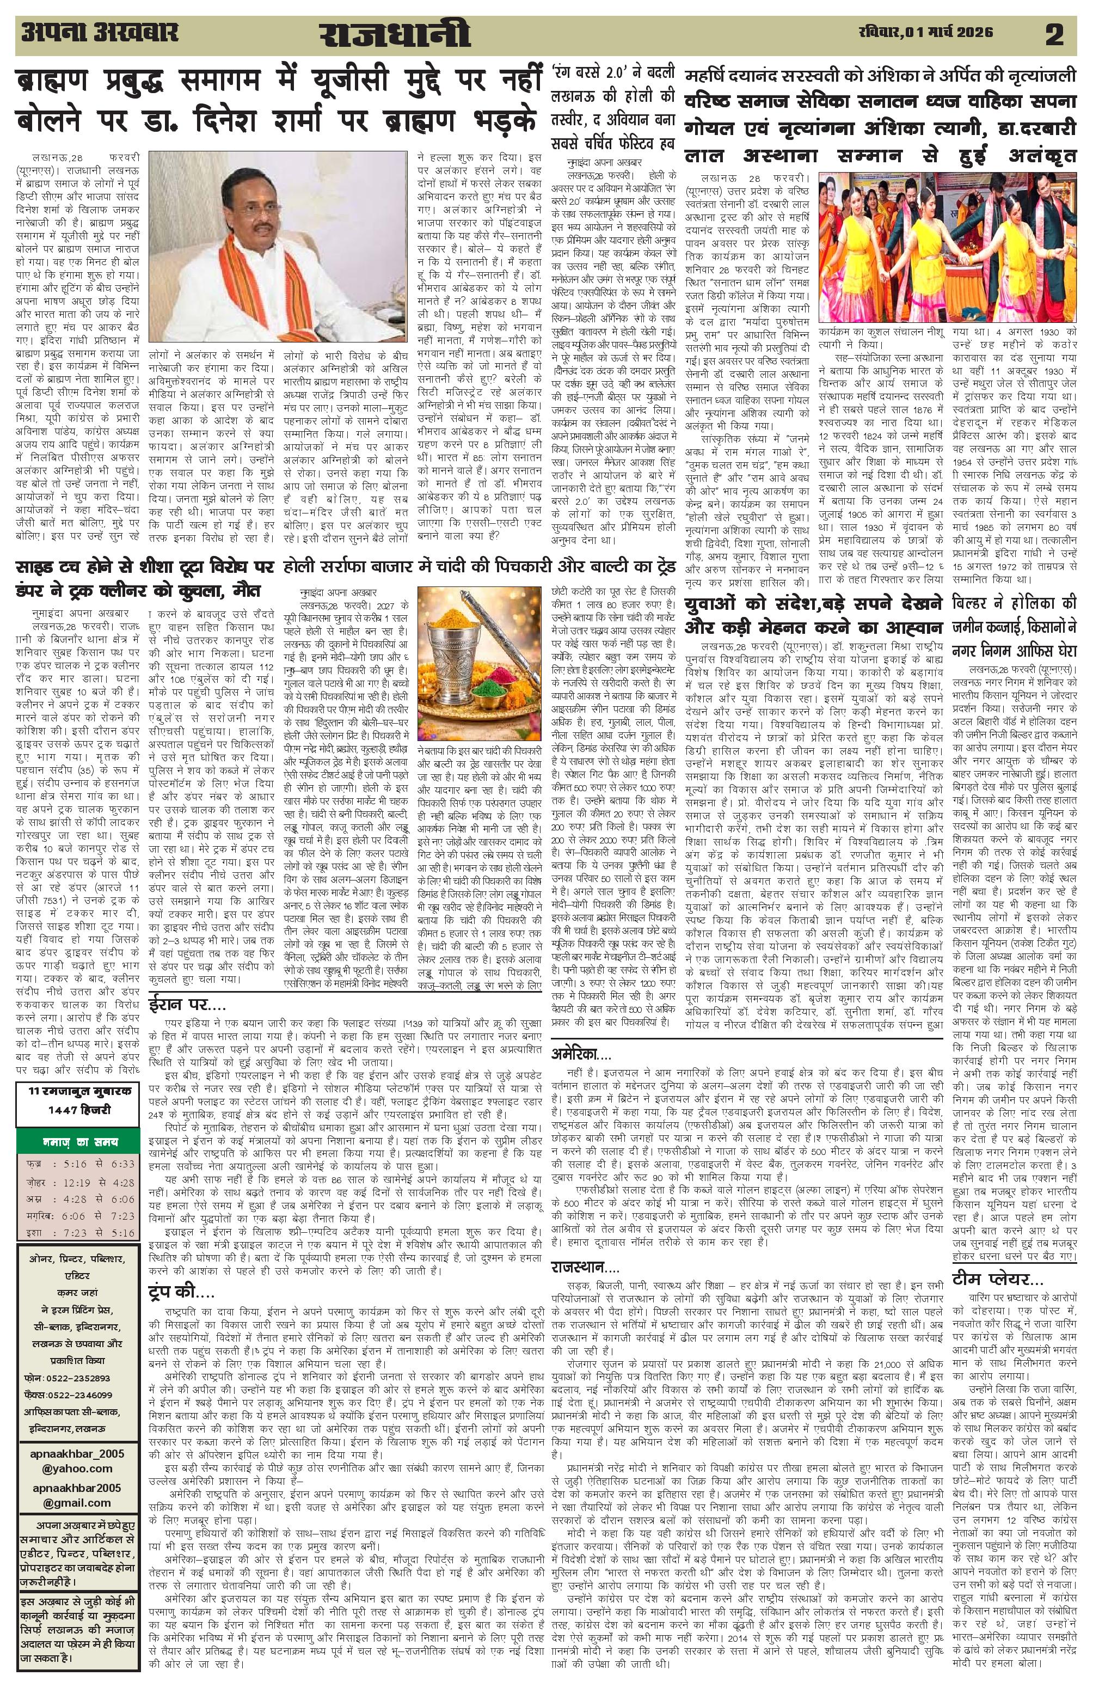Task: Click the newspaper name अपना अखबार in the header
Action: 99,33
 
